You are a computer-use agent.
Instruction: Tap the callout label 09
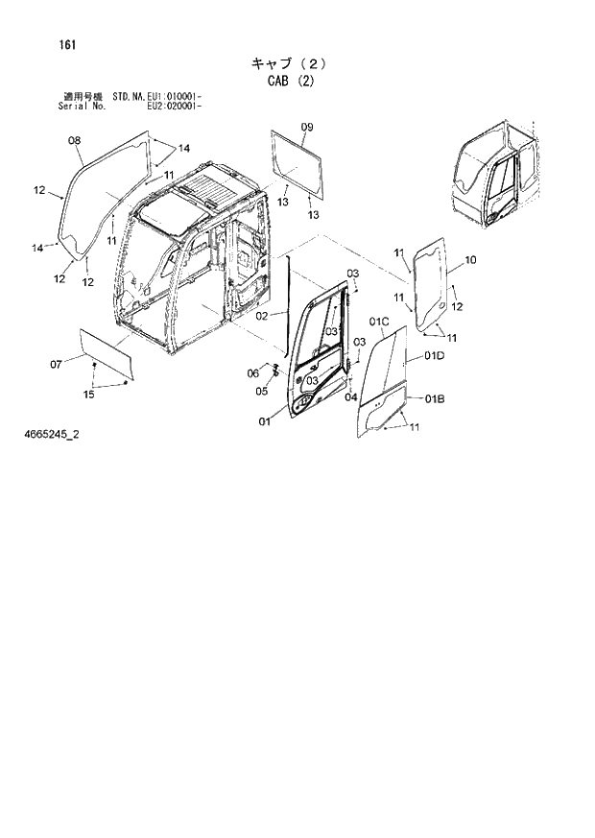pyautogui.click(x=307, y=128)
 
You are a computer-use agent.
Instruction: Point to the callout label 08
pyautogui.click(x=74, y=141)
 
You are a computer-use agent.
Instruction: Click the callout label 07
pyautogui.click(x=56, y=363)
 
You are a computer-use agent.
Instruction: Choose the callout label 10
pyautogui.click(x=469, y=260)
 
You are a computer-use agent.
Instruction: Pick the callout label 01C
pyautogui.click(x=376, y=321)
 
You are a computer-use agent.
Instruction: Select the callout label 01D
pyautogui.click(x=434, y=356)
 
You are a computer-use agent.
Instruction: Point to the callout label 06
pyautogui.click(x=253, y=372)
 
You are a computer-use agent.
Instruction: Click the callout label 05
pyautogui.click(x=261, y=390)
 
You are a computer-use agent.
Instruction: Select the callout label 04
pyautogui.click(x=350, y=396)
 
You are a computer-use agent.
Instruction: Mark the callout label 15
pyautogui.click(x=88, y=394)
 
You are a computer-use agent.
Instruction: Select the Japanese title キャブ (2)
pyautogui.click(x=289, y=63)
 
